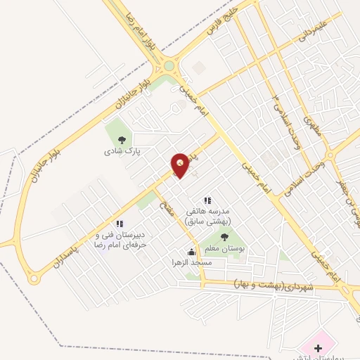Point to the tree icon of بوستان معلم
[x=225, y=237]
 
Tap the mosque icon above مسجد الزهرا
[x=191, y=252]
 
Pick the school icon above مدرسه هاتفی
[x=207, y=200]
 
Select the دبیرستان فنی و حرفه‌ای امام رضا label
[x=120, y=239]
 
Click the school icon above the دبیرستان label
[x=120, y=224]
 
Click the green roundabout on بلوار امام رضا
[x=169, y=67]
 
